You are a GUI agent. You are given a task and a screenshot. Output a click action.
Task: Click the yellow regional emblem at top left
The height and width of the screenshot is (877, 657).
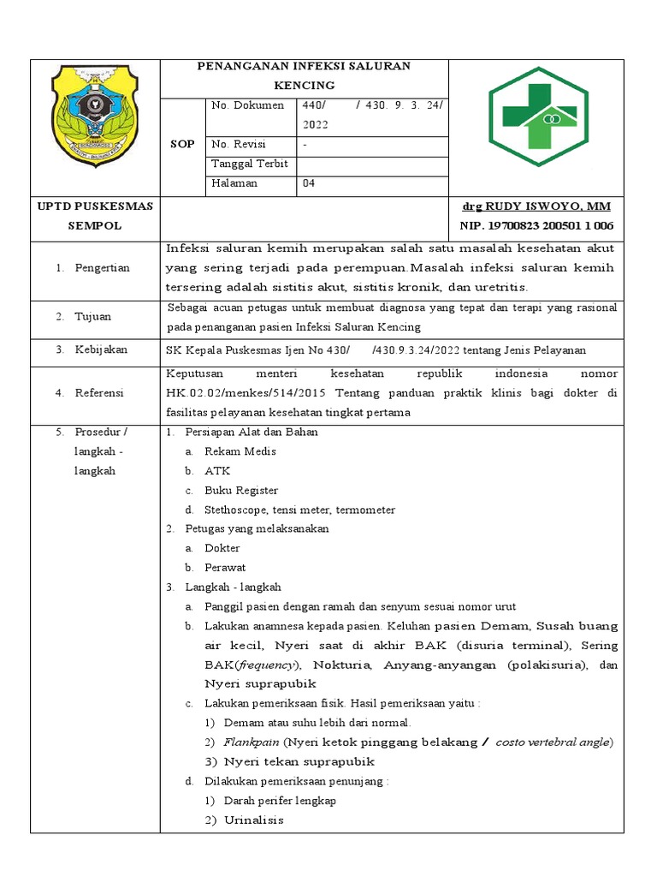click(95, 116)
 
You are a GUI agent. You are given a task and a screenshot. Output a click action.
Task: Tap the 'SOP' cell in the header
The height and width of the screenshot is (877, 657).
click(183, 144)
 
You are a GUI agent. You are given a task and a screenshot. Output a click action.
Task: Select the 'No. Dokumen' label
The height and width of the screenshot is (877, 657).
click(247, 105)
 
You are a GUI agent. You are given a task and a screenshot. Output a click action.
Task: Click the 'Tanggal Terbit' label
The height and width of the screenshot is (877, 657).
click(249, 164)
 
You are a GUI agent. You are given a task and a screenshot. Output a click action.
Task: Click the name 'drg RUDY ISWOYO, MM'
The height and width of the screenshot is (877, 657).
click(536, 206)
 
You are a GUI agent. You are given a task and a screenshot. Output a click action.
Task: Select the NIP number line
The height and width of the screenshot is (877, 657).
click(536, 225)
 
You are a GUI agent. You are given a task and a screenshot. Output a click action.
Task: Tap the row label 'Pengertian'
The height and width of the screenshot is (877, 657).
click(102, 268)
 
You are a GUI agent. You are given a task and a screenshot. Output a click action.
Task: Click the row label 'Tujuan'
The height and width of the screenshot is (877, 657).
click(94, 316)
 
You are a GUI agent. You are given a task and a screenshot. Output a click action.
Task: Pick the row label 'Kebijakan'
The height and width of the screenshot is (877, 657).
click(102, 349)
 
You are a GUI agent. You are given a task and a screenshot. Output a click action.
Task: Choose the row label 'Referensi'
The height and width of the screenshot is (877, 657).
click(99, 392)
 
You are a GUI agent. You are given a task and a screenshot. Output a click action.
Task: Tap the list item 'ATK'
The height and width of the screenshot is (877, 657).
click(217, 471)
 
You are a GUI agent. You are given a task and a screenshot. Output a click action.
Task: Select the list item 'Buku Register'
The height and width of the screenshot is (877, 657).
click(241, 491)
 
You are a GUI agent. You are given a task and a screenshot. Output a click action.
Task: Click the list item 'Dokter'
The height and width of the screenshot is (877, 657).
click(222, 548)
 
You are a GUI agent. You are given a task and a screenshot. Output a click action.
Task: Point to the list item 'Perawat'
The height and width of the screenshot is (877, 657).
click(225, 568)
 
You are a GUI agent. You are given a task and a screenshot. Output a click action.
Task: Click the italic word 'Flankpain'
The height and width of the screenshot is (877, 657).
click(252, 742)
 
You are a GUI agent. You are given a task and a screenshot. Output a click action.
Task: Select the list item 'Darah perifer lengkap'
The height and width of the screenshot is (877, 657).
click(280, 801)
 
